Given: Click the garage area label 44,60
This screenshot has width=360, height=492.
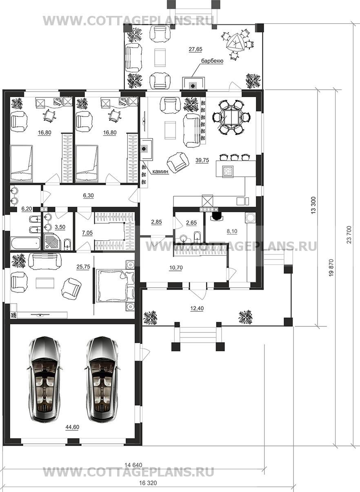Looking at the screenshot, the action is [72, 427].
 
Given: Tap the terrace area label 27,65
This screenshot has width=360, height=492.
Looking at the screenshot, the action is [196, 49].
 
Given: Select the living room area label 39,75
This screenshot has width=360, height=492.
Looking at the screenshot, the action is [202, 160].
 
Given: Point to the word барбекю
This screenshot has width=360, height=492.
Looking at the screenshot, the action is [212, 61].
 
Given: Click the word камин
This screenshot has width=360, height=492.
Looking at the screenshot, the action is [160, 171].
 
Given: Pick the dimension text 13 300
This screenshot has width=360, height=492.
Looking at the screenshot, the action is [313, 205].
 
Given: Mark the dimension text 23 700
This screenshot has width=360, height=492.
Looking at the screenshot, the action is [349, 235].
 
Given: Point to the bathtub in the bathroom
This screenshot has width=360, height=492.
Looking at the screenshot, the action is [25, 243].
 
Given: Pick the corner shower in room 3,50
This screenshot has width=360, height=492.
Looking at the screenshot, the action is [52, 242].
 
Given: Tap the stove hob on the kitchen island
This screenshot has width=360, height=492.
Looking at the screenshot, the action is [228, 171].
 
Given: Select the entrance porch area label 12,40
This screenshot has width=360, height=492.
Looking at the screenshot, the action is [197, 308].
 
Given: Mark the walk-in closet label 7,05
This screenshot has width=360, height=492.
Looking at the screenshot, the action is [87, 233].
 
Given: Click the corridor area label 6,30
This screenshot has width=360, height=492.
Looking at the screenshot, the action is [88, 195].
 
